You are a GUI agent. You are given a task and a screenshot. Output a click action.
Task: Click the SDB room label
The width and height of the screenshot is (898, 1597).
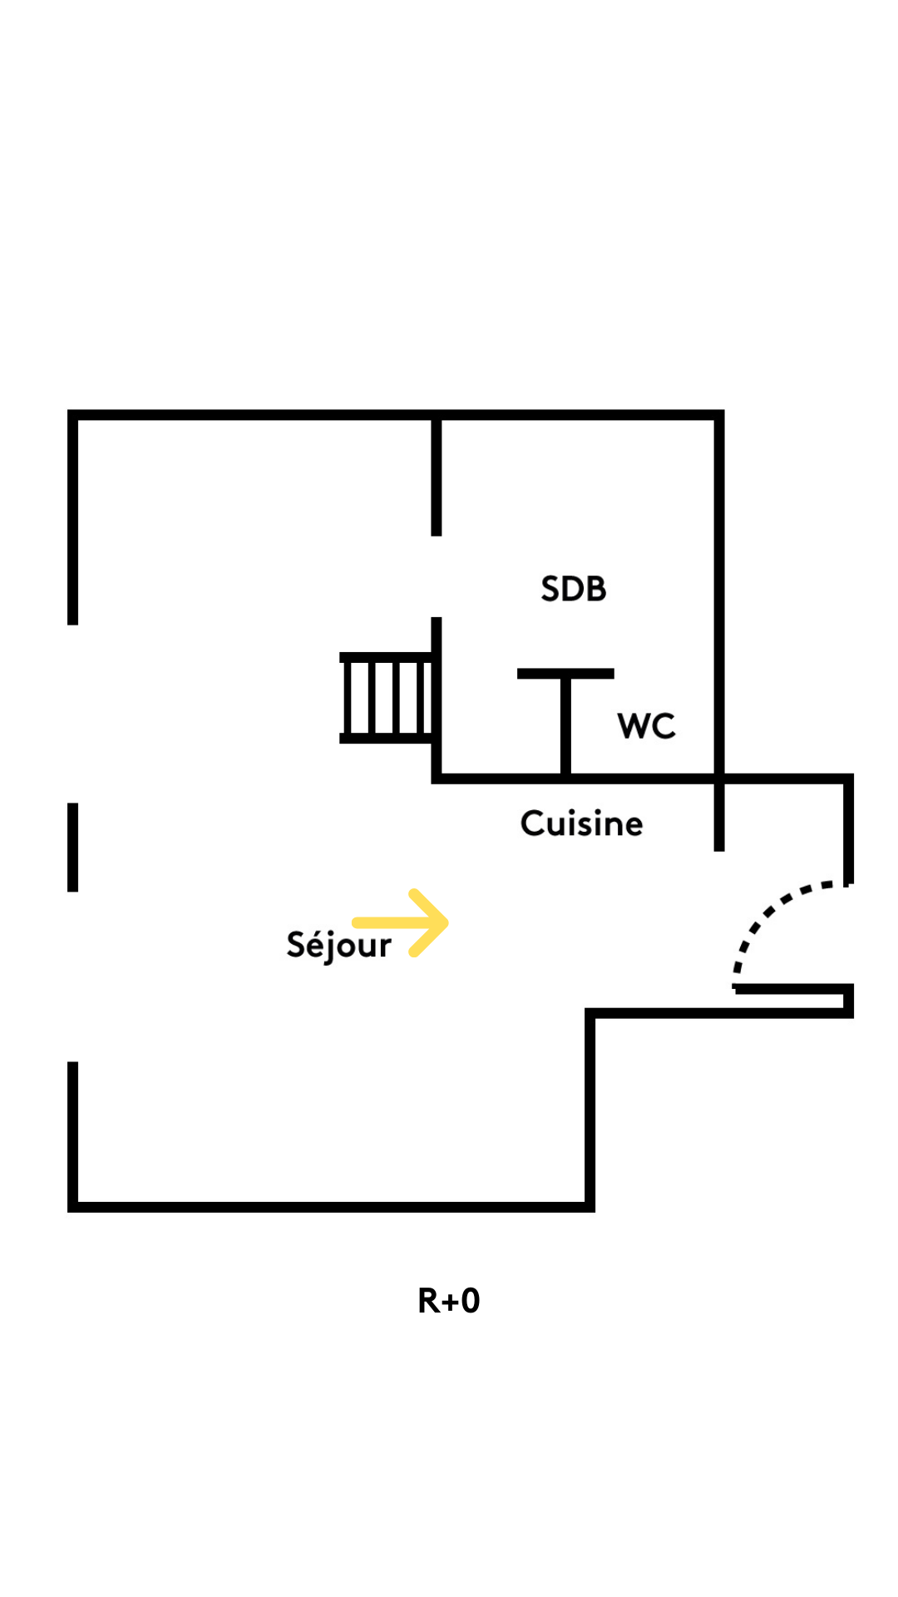click(574, 589)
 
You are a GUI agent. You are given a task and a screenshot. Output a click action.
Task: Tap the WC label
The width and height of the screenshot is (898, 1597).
click(646, 726)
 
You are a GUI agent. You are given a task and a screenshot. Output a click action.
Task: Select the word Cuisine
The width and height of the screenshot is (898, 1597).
click(581, 823)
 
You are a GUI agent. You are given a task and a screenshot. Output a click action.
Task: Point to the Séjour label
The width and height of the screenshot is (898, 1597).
click(338, 945)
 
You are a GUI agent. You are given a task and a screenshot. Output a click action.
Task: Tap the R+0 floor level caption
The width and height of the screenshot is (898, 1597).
click(449, 1301)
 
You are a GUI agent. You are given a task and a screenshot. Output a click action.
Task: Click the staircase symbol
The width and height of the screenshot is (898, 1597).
click(386, 697)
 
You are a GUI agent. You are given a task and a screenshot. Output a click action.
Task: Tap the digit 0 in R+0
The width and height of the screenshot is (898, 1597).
click(471, 1301)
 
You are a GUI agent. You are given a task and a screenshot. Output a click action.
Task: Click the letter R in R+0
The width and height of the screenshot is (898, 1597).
click(428, 1301)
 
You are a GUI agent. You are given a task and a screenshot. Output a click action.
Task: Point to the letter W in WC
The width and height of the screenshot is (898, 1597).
click(634, 726)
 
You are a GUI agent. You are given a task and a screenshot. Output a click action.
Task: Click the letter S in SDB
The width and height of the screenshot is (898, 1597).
click(550, 589)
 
